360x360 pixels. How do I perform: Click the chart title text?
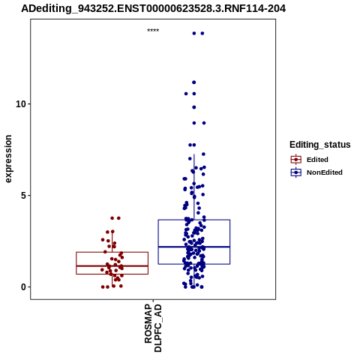pyautogui.click(x=153, y=8)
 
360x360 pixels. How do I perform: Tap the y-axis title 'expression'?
pyautogui.click(x=8, y=159)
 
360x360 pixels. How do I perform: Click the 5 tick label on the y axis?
pyautogui.click(x=23, y=195)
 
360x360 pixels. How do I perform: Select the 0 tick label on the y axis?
pyautogui.click(x=23, y=287)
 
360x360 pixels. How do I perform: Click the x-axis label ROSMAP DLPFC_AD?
pyautogui.click(x=153, y=328)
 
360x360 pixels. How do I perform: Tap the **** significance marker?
pyautogui.click(x=153, y=31)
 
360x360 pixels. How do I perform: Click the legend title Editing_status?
pyautogui.click(x=320, y=145)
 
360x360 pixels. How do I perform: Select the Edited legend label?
pyautogui.click(x=317, y=160)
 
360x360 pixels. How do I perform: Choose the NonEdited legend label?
pyautogui.click(x=325, y=172)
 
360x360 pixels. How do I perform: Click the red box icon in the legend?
pyautogui.click(x=296, y=160)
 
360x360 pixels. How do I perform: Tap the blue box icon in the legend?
pyautogui.click(x=296, y=172)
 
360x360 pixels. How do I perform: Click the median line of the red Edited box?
pyautogui.click(x=112, y=265)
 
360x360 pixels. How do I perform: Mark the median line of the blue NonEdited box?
pyautogui.click(x=194, y=247)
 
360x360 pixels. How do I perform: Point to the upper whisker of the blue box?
pyautogui.click(x=194, y=187)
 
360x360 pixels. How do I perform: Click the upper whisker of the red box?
pyautogui.click(x=112, y=241)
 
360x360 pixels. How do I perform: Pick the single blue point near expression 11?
pyautogui.click(x=193, y=82)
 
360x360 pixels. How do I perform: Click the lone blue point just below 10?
pyautogui.click(x=194, y=107)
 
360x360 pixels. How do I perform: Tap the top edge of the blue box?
pyautogui.click(x=194, y=220)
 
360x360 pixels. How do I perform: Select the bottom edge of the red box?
pyautogui.click(x=112, y=274)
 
